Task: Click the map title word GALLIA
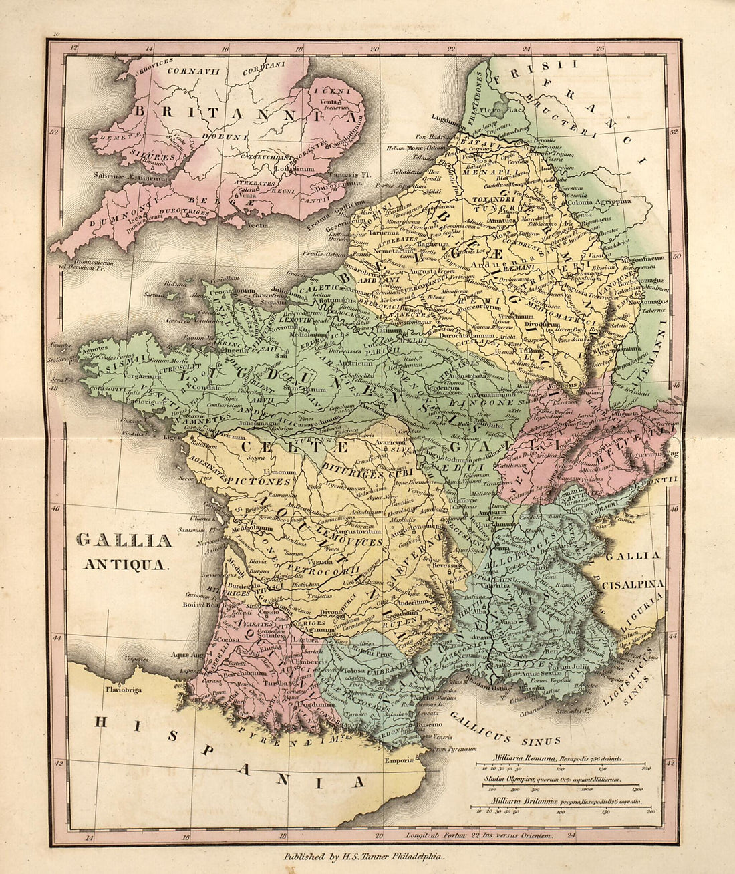[124, 540]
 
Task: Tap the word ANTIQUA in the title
[125, 563]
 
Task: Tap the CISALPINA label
[633, 583]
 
